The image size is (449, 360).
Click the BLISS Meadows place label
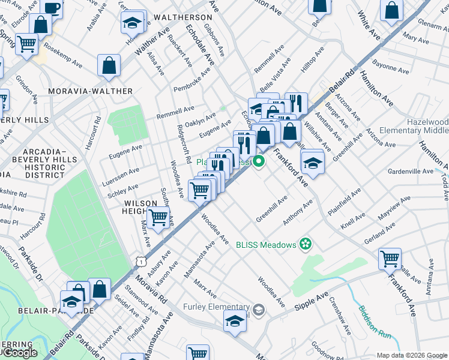tap(266, 244)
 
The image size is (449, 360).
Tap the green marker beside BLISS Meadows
tap(306, 244)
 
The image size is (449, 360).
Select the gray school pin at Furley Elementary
tap(259, 310)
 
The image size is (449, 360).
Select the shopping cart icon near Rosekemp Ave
tap(27, 44)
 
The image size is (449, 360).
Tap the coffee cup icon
tap(52, 7)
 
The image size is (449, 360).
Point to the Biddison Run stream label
tap(373, 322)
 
